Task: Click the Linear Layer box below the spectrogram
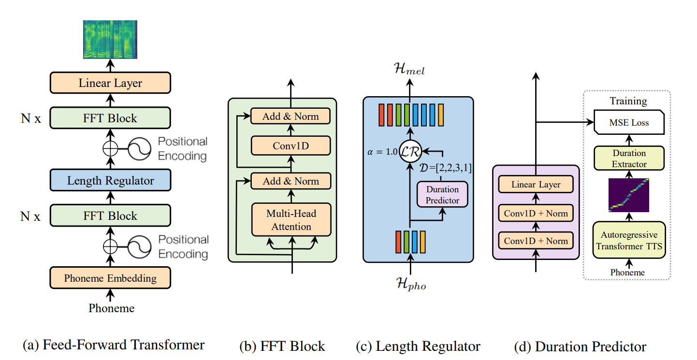coord(110,83)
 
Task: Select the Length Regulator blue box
coord(110,181)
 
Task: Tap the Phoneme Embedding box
coord(110,278)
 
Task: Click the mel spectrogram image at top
coord(110,40)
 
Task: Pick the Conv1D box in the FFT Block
coord(290,144)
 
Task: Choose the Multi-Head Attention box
coord(290,219)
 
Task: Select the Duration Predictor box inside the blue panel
coord(442,194)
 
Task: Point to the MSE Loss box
coord(629,123)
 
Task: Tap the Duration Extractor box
coord(629,158)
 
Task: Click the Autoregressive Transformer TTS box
coord(629,240)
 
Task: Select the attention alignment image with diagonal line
coord(628,196)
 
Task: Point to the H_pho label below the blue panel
coord(411,285)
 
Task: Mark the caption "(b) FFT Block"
coord(282,346)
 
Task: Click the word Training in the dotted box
coord(628,101)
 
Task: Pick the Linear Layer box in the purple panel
coord(535,184)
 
